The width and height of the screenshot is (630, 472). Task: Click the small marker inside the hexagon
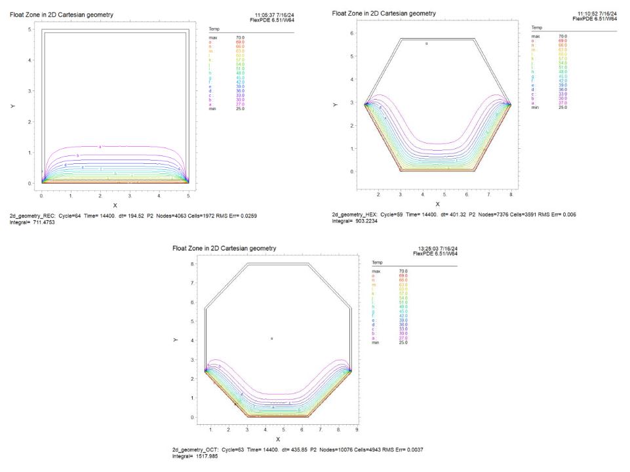427,43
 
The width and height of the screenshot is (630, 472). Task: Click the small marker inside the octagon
272,338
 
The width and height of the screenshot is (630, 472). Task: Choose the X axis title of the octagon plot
278,439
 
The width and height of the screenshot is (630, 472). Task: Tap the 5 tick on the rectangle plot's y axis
30,30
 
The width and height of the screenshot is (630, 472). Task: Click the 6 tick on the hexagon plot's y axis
353,33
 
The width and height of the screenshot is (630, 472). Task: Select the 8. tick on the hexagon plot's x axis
511,195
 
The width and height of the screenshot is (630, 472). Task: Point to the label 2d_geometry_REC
31,215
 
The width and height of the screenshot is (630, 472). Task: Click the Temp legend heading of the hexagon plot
536,28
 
